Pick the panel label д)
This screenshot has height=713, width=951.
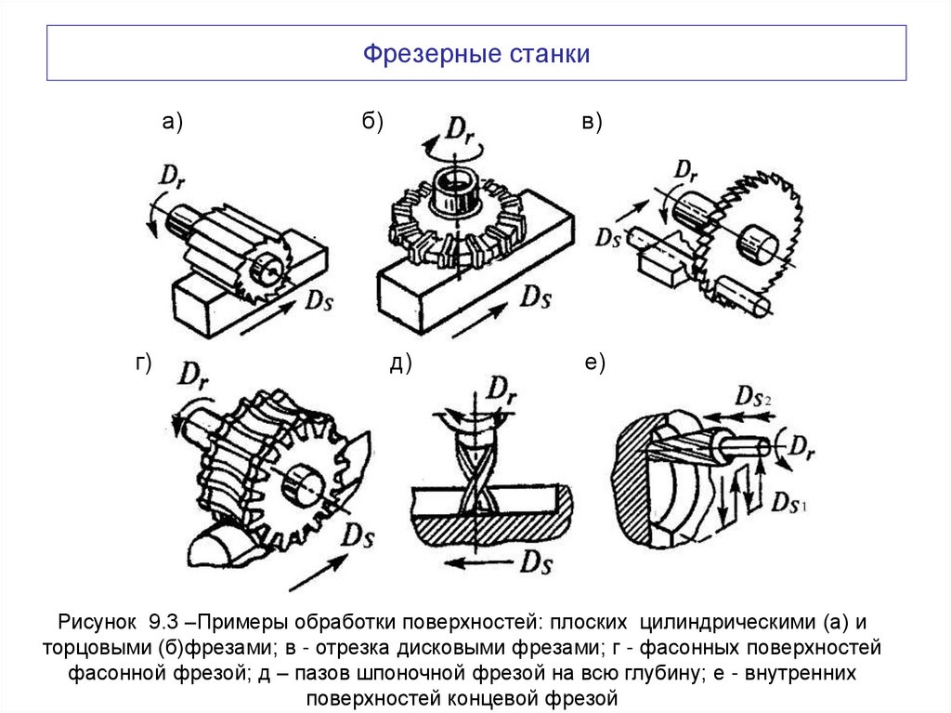coord(400,364)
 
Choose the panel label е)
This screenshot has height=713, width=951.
coord(594,363)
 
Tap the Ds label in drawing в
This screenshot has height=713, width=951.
coord(609,236)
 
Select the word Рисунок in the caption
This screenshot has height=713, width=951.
coord(98,622)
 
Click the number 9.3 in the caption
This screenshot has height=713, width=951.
coord(163,622)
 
